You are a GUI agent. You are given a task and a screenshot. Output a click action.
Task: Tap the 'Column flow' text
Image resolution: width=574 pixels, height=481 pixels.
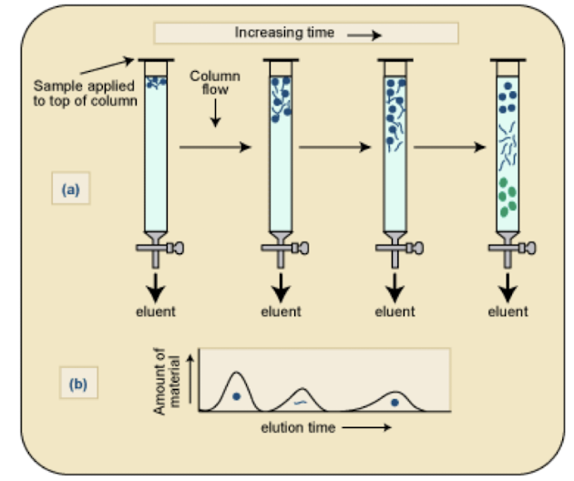(x=214, y=83)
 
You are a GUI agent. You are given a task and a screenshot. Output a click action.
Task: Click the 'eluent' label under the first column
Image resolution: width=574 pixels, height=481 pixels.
(x=155, y=312)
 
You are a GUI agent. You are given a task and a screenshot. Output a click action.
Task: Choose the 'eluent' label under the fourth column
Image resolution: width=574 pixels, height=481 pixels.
(x=507, y=312)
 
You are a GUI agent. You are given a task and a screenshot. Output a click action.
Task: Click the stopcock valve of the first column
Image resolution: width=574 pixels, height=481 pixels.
(x=162, y=247)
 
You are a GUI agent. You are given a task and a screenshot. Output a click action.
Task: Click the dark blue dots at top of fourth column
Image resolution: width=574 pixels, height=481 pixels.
(x=507, y=92)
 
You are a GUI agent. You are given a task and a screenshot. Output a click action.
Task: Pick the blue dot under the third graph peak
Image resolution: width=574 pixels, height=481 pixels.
(x=394, y=402)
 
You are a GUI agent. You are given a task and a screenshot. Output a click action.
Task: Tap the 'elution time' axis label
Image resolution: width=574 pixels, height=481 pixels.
(x=294, y=426)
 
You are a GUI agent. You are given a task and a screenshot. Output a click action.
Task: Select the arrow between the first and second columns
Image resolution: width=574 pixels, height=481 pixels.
(x=214, y=146)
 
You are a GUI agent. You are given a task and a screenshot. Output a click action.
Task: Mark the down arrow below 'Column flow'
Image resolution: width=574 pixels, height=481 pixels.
(x=214, y=115)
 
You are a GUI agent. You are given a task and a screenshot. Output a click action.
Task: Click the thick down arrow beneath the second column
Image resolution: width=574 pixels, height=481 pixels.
(x=281, y=285)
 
